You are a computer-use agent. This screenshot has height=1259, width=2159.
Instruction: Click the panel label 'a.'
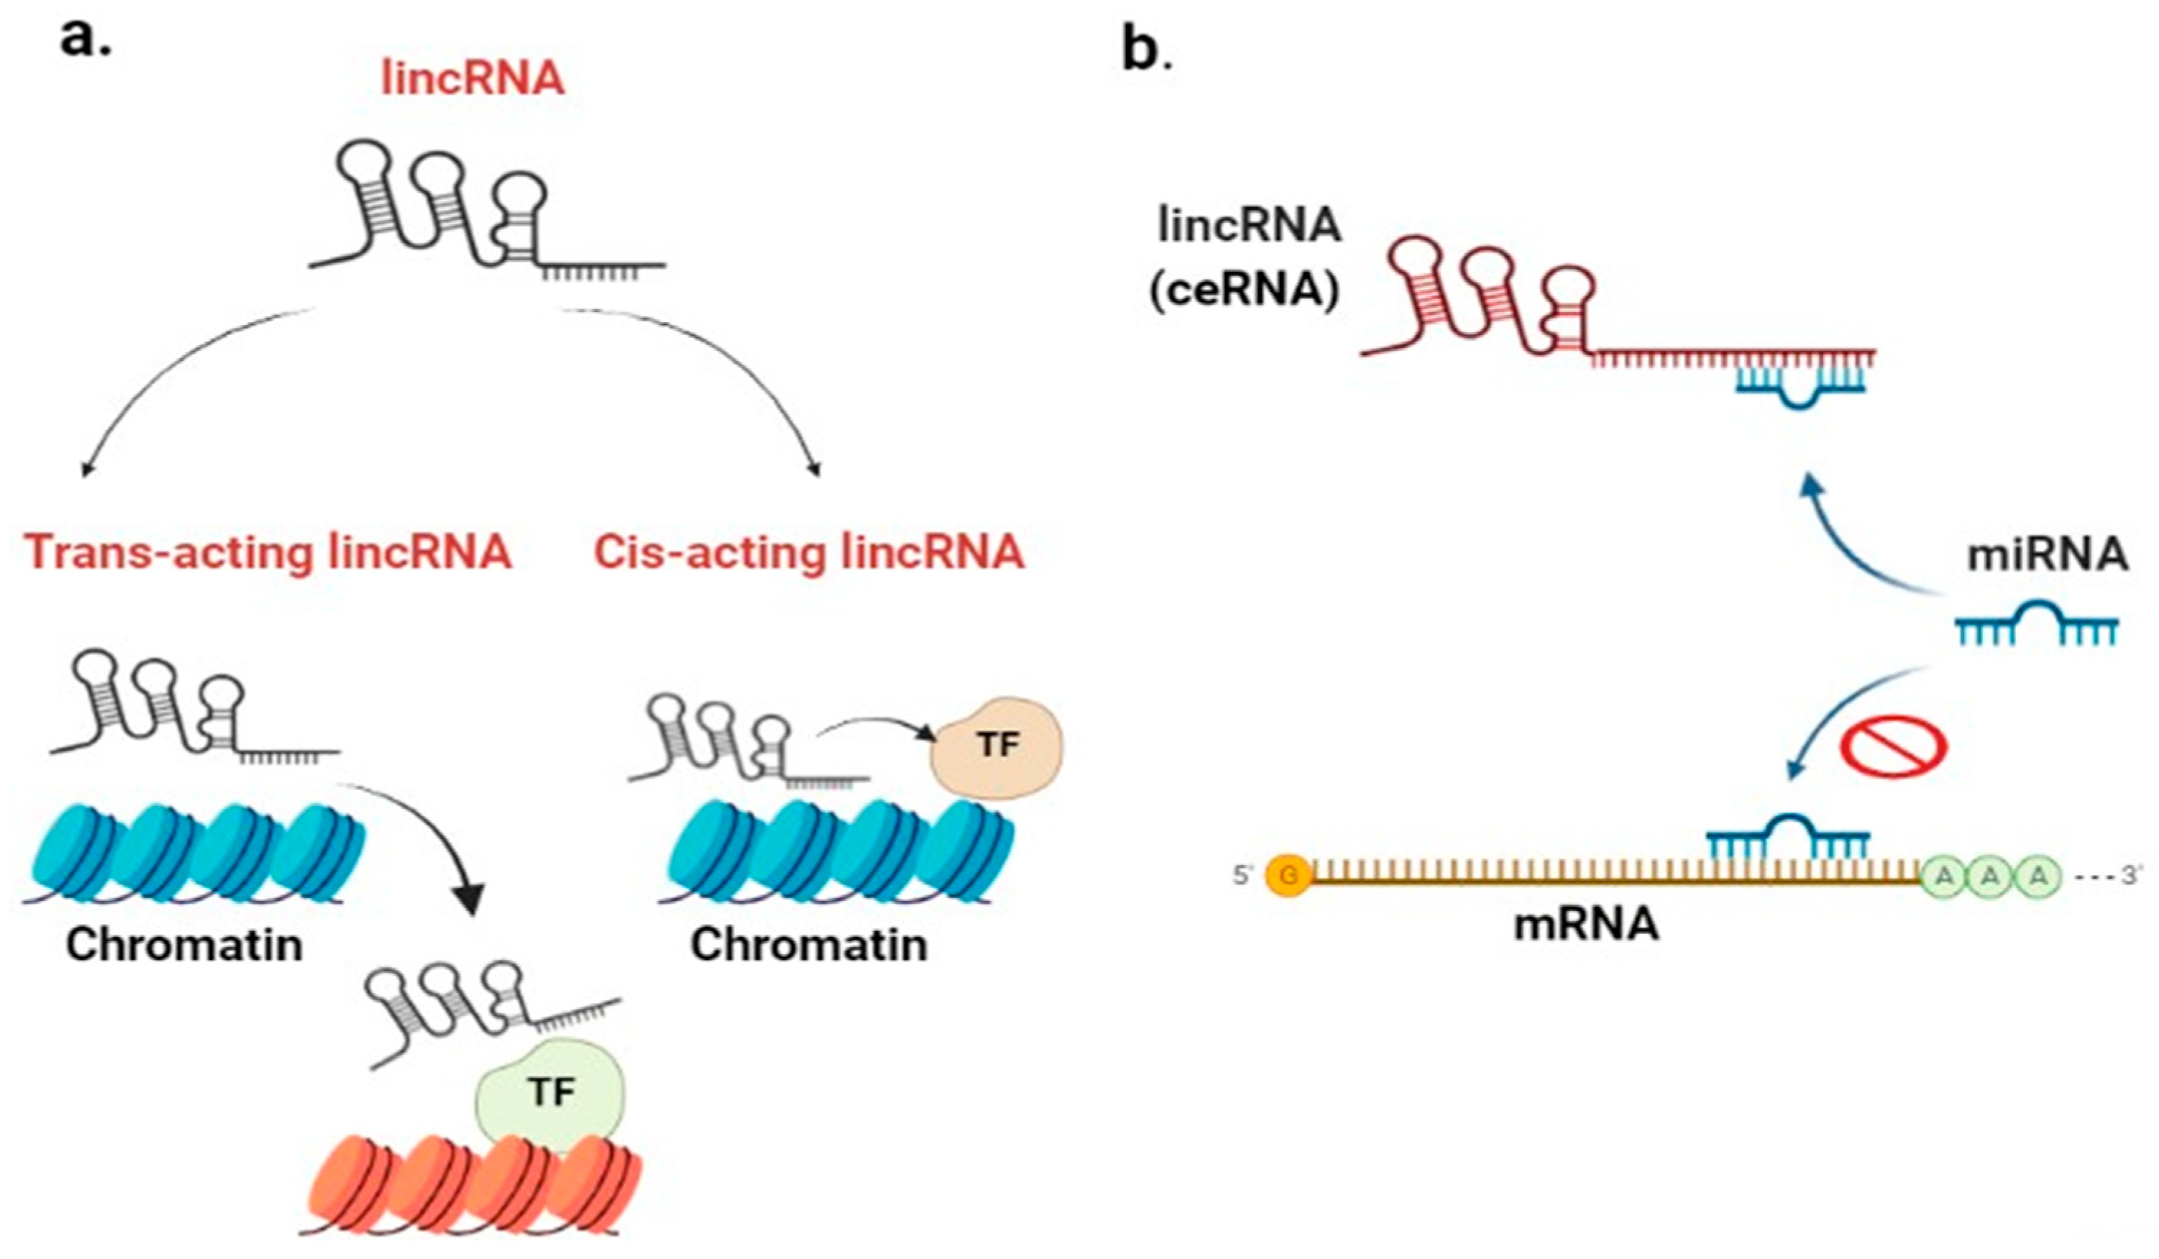[86, 39]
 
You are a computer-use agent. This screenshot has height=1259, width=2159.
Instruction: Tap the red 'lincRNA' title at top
[473, 79]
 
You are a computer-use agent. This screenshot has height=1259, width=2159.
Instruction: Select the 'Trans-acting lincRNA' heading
[268, 552]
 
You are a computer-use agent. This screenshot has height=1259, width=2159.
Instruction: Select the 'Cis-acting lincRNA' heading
[809, 552]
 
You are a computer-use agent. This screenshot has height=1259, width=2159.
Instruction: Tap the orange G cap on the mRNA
[1287, 876]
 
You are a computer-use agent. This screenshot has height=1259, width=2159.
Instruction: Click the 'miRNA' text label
[2046, 555]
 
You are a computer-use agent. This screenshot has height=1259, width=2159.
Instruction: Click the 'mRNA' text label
[1586, 925]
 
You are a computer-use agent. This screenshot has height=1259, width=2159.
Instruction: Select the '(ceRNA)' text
[1244, 291]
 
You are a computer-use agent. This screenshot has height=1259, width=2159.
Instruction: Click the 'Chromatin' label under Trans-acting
[184, 946]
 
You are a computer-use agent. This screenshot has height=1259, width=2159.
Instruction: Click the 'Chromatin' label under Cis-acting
[809, 946]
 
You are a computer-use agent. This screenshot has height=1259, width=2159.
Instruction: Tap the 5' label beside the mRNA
[1243, 876]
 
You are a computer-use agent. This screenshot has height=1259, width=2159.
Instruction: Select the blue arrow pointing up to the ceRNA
[1842, 540]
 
